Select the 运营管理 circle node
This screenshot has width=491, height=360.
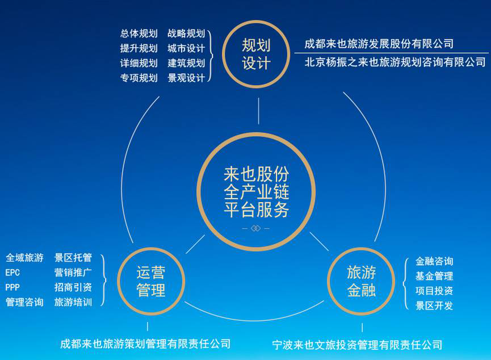coord(151,282)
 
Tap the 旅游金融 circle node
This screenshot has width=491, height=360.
coord(362,282)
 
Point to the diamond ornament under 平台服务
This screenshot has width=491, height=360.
coord(256,228)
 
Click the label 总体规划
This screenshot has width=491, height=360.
coord(139,34)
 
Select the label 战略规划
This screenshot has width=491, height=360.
coord(186,34)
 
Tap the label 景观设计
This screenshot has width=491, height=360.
coord(186,78)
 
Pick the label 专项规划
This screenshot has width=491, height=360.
coord(139,78)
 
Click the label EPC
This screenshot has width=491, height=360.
coord(12,273)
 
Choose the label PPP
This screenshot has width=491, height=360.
coord(12,287)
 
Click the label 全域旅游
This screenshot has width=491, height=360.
coord(24,258)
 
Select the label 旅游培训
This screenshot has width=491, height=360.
coord(73,302)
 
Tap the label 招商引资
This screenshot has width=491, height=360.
coord(73,287)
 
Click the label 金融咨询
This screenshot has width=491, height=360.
coord(434,262)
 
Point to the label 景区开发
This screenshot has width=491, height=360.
coord(434,306)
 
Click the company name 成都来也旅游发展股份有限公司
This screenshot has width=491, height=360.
coord(379,44)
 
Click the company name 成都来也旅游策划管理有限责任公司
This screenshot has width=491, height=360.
coord(145,344)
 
